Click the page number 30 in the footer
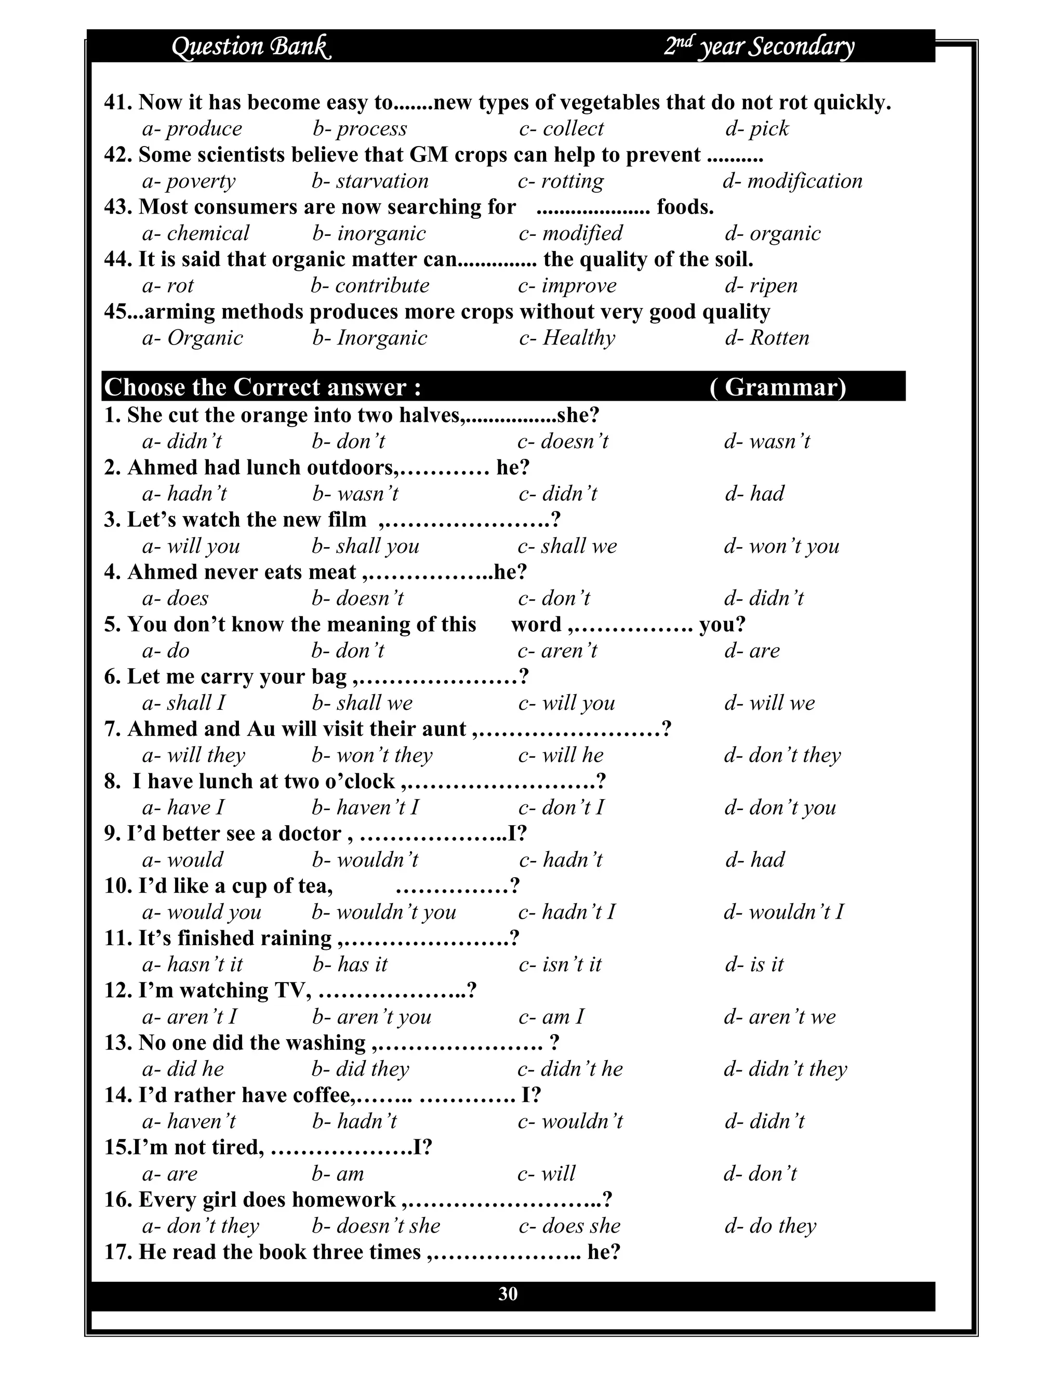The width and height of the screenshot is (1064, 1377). (508, 1294)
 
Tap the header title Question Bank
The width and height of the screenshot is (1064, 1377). (251, 47)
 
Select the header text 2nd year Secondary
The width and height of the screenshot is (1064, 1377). (759, 47)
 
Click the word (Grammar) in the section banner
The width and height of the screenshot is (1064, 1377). (778, 387)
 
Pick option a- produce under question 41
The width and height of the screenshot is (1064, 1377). (192, 129)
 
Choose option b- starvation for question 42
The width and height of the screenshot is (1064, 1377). (370, 181)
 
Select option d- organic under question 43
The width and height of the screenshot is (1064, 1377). (773, 233)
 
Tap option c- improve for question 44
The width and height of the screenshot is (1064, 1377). (567, 286)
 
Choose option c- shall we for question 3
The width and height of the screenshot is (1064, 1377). (567, 546)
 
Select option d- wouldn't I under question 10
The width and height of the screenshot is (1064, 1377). (783, 912)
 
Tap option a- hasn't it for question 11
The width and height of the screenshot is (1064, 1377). (192, 964)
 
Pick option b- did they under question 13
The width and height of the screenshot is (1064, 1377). (361, 1069)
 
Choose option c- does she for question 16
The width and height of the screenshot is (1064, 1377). (569, 1226)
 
